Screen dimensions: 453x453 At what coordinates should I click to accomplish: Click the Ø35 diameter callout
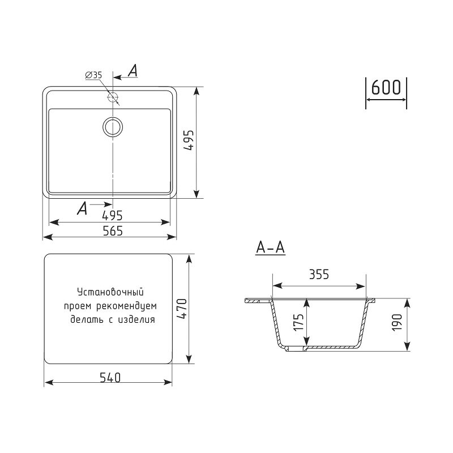click(93, 75)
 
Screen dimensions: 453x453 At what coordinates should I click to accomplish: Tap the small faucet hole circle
click(113, 97)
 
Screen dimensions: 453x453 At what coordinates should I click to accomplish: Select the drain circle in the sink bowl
click(113, 127)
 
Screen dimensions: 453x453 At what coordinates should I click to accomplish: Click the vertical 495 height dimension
click(189, 140)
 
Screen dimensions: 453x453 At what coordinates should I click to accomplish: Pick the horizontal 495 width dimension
click(112, 216)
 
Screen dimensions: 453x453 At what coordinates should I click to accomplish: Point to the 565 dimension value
click(113, 231)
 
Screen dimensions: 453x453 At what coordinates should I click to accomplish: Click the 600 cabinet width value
click(386, 87)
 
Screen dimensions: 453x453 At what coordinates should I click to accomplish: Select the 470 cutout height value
click(182, 309)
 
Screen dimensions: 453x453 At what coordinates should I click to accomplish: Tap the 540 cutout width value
click(110, 378)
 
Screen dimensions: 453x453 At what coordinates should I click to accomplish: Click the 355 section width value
click(319, 275)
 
